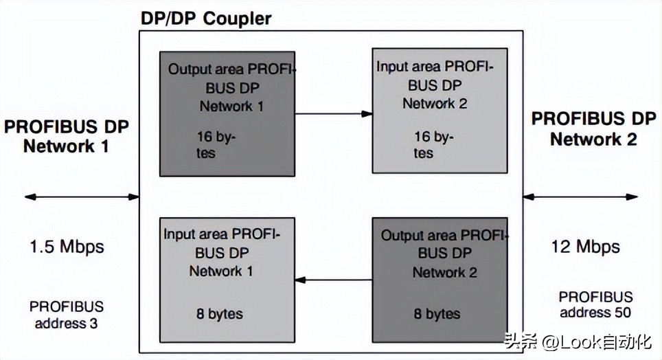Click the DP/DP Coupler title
[x=205, y=18]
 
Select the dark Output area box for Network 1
[x=227, y=113]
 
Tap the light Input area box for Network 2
[x=440, y=110]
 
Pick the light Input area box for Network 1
[x=227, y=279]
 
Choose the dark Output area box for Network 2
[x=440, y=279]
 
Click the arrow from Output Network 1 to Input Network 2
[x=333, y=113]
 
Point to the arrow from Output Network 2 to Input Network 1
[x=333, y=279]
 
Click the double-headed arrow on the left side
[x=82, y=197]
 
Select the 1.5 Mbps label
[x=67, y=246]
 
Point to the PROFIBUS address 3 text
[x=67, y=314]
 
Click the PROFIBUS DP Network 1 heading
[x=67, y=136]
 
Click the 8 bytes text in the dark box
[x=437, y=315]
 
